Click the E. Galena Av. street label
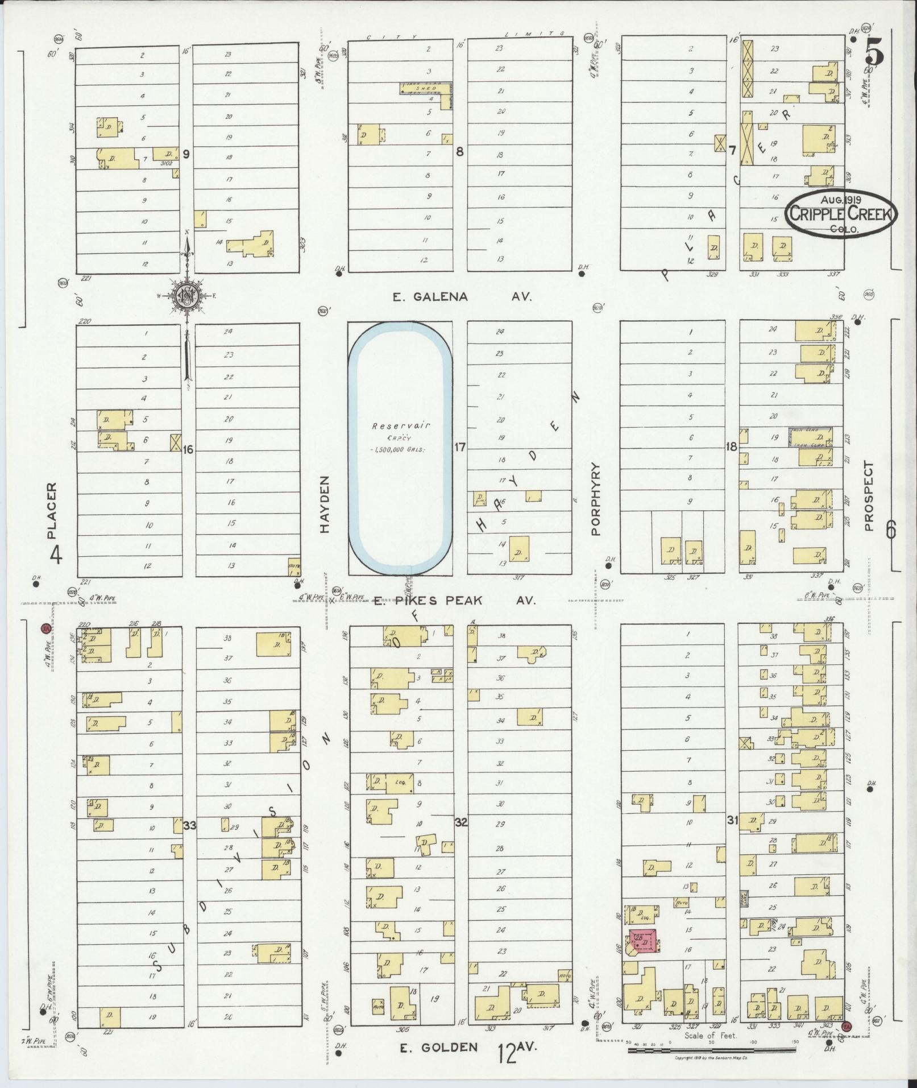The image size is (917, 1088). click(462, 296)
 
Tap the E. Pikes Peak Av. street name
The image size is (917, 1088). click(454, 600)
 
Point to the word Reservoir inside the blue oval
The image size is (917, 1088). click(401, 425)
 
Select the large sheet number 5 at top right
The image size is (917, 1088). click(874, 54)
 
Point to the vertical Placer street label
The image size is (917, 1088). click(52, 511)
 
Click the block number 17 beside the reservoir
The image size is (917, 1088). click(459, 448)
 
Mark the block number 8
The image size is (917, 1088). click(460, 152)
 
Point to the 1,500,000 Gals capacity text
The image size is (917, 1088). click(400, 449)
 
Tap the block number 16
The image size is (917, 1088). click(188, 450)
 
